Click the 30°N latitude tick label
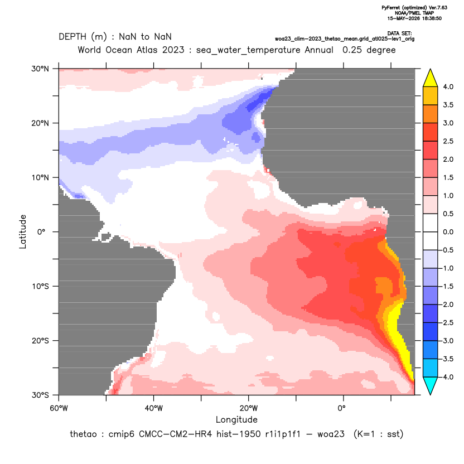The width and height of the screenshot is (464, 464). coord(40,69)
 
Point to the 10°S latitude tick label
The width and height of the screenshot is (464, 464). coord(40,287)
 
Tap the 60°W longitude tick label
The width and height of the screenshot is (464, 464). coord(59,408)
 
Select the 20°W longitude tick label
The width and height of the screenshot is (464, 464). coord(249,408)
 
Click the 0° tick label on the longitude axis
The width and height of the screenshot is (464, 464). coord(341,408)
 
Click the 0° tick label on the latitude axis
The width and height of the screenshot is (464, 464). coord(41,232)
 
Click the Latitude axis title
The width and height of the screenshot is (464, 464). coord(22,231)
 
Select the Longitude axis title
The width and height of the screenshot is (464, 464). coord(236,419)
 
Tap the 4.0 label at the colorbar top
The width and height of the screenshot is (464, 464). coord(448,86)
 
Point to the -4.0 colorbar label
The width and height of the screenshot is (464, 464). coord(447,377)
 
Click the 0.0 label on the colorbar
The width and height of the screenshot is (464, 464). coord(448,232)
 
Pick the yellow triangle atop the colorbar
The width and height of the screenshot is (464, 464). coord(431,78)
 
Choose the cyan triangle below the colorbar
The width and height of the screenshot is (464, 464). coord(431,386)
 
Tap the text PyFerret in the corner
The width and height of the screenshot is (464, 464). coord(391,8)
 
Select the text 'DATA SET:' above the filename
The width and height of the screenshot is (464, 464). coord(399,33)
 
